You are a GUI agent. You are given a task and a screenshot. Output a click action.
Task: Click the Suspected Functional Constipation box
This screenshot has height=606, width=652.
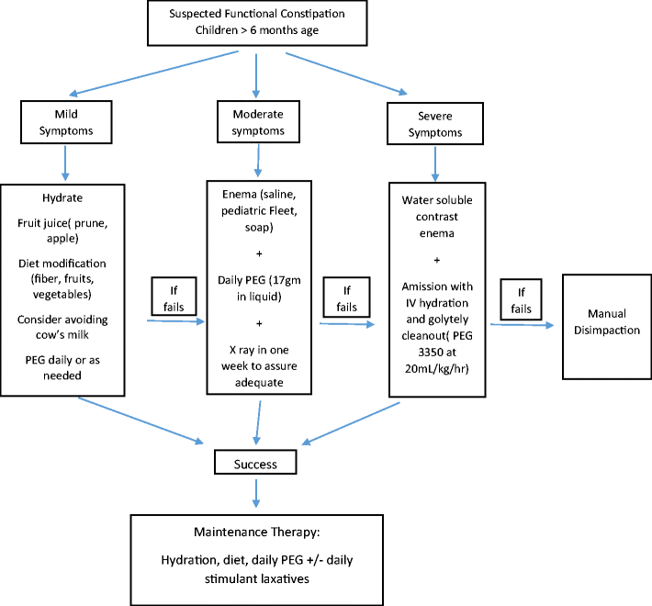(x=259, y=25)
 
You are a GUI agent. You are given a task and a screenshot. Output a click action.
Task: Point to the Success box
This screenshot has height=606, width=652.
(x=256, y=464)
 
